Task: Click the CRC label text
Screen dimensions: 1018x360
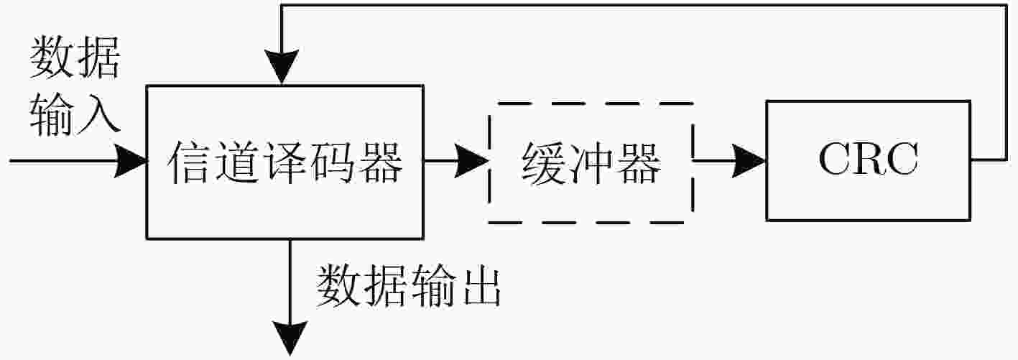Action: [x=869, y=159]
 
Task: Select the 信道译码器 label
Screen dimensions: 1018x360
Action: [x=285, y=162]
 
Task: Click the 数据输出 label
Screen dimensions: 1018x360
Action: [x=408, y=286]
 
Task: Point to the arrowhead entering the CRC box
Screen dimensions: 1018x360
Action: [x=749, y=161]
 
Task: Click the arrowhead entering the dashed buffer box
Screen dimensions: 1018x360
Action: [x=472, y=161]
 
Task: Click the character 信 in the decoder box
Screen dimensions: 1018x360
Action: [x=189, y=162]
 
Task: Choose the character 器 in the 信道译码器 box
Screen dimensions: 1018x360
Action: [x=381, y=162]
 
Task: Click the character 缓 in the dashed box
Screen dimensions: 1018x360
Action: [x=544, y=164]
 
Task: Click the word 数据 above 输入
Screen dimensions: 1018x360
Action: [x=75, y=57]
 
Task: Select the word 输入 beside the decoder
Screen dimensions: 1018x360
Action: [x=75, y=114]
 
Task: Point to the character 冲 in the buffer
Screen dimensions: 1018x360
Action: [x=591, y=164]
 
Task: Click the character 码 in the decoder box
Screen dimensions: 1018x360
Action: [x=333, y=162]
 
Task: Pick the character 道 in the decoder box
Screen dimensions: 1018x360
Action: [x=237, y=162]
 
